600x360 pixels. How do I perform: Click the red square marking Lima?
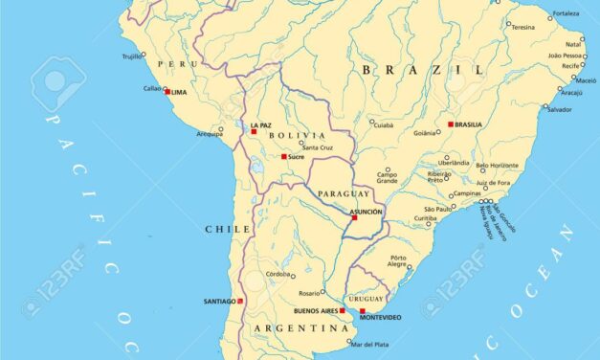(167, 92)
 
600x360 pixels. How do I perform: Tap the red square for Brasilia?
(451, 124)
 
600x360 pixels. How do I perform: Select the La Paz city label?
(260, 125)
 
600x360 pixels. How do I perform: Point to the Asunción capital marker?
(354, 217)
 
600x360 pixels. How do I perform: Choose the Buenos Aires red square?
(342, 310)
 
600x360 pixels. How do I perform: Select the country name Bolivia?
(290, 136)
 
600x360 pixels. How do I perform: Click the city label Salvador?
(559, 109)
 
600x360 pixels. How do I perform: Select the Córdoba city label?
(278, 273)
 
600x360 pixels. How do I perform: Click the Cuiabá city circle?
(372, 122)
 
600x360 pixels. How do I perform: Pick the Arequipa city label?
(210, 134)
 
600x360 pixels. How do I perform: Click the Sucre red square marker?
(284, 156)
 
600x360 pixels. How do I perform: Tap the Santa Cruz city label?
(318, 146)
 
